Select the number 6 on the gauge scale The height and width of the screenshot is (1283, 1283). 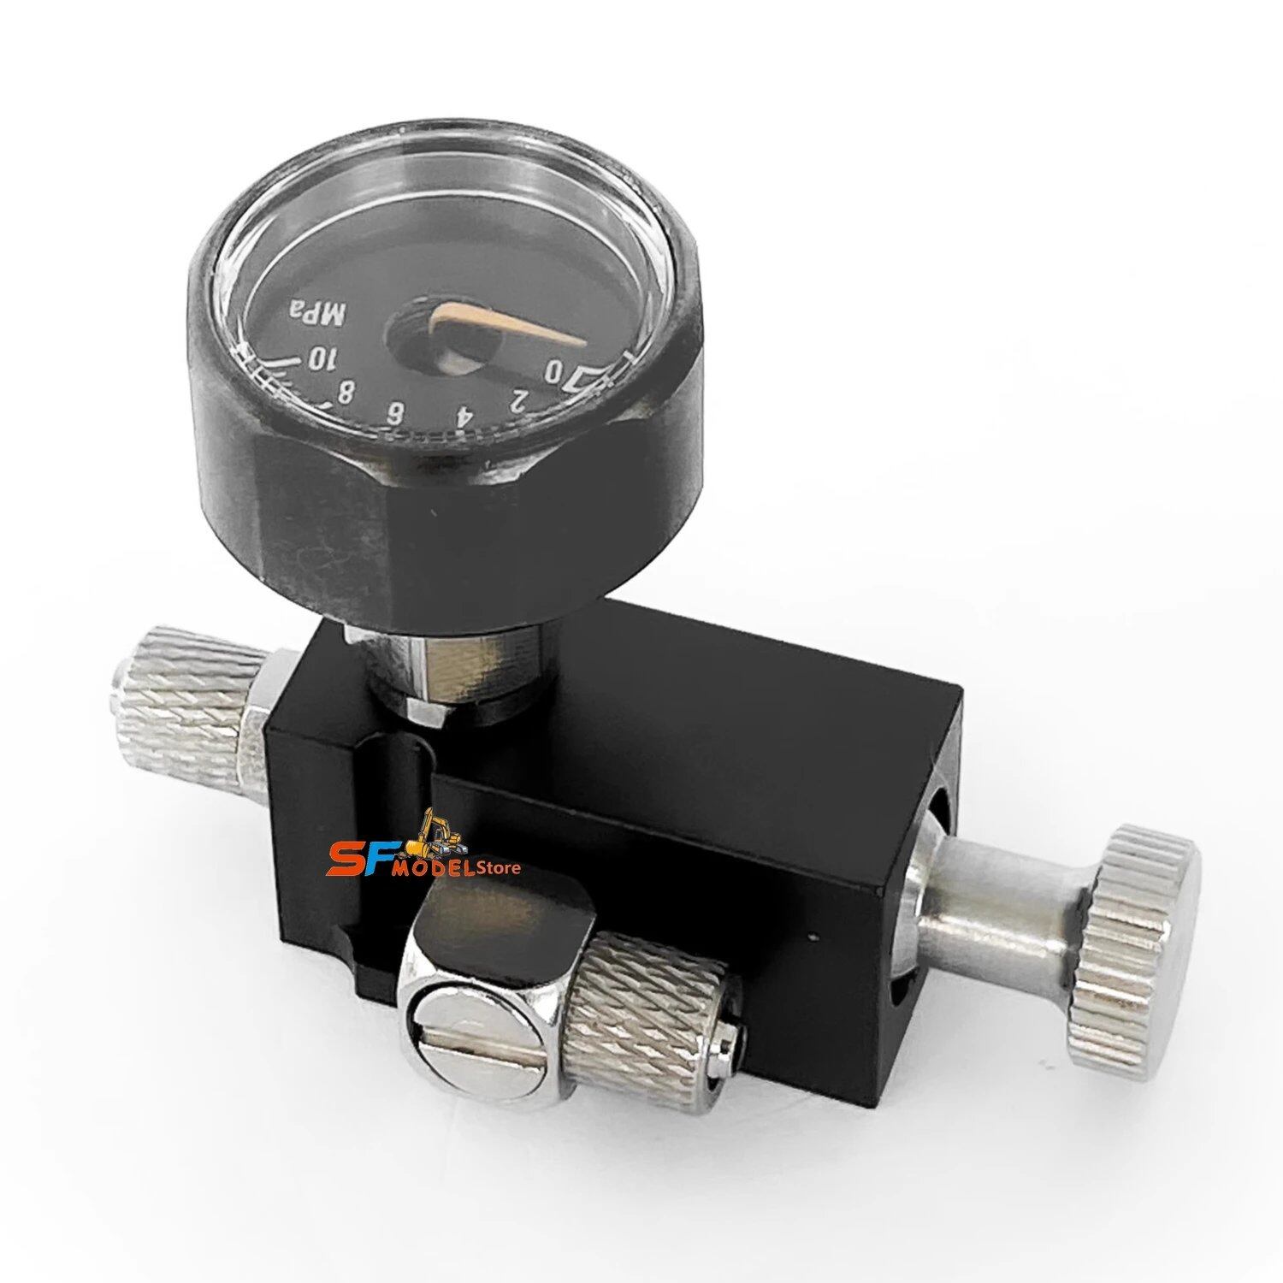pos(397,412)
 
